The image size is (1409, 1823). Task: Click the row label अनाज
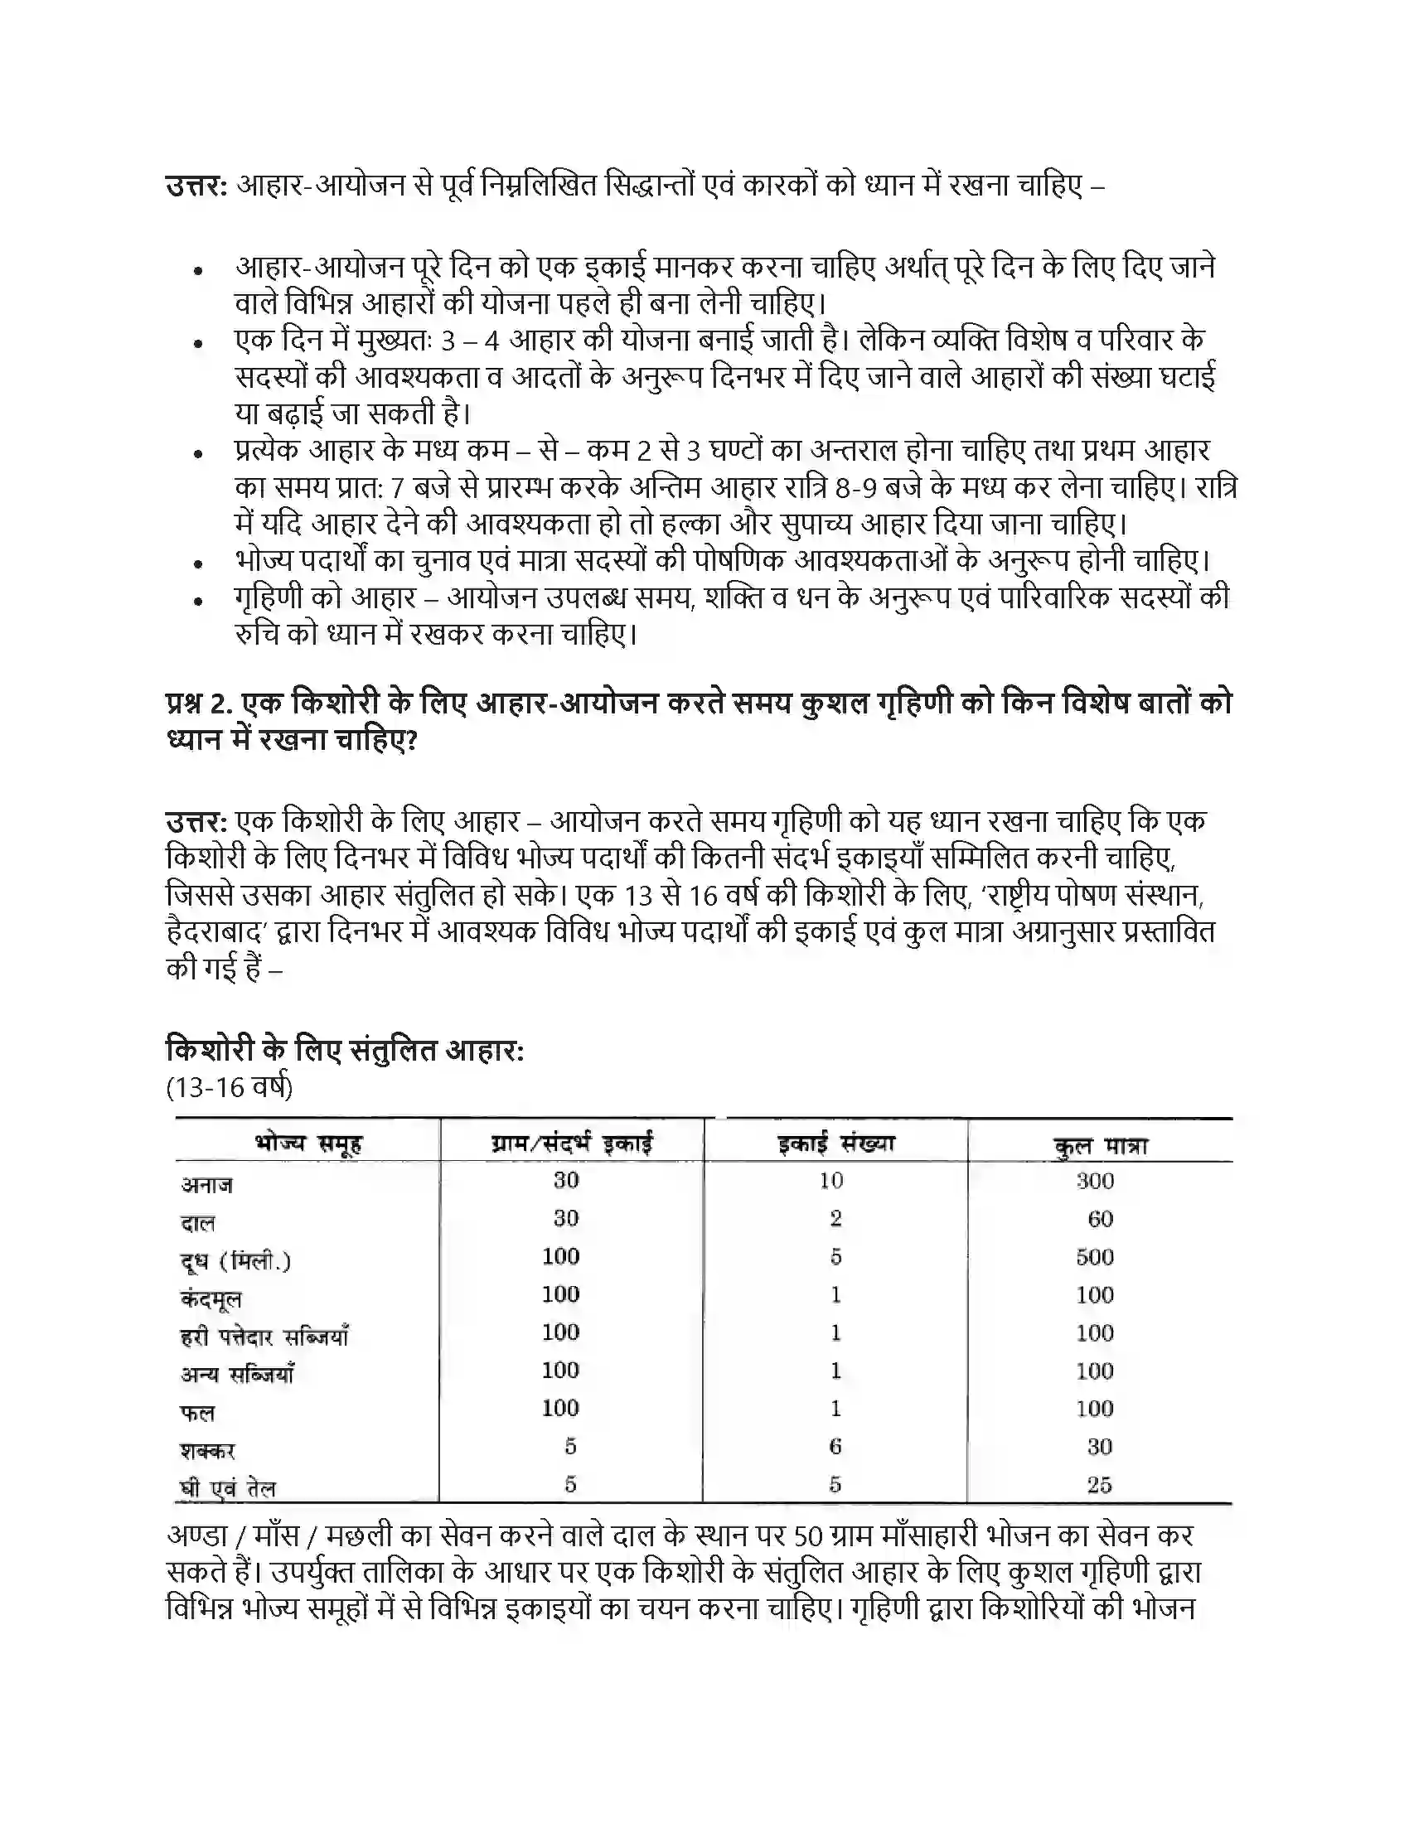tap(207, 1184)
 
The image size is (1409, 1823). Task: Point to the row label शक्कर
tap(208, 1451)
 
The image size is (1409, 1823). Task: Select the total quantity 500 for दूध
tap(1094, 1257)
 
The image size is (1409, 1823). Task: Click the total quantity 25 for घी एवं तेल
tap(1099, 1485)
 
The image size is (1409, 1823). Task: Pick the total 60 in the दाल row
tap(1100, 1220)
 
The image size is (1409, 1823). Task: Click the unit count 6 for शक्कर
tap(835, 1447)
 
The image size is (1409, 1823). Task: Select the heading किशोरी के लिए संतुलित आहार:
tap(345, 1049)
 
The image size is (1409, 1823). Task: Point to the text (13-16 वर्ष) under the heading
tap(230, 1088)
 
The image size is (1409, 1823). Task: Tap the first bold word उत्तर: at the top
tap(196, 186)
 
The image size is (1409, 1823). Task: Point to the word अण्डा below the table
tap(199, 1535)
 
